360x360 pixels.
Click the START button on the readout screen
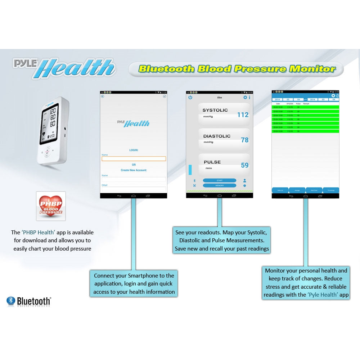tap(219, 180)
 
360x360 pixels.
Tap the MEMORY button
tap(219, 185)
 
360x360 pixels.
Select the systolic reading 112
tap(243, 115)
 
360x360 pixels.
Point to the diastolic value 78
tap(244, 140)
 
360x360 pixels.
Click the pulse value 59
tap(244, 166)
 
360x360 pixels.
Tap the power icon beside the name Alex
tap(190, 97)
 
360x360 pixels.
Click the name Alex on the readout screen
tap(220, 97)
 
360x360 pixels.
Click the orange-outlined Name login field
tap(134, 158)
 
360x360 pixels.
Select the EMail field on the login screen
tap(134, 189)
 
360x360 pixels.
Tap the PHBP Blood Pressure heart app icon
tap(51, 206)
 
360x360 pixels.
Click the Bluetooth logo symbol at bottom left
tap(11, 301)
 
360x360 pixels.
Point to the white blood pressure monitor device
tap(53, 133)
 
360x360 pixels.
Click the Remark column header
tap(306, 104)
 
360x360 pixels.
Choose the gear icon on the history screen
tap(333, 95)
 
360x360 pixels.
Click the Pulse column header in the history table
tap(298, 104)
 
